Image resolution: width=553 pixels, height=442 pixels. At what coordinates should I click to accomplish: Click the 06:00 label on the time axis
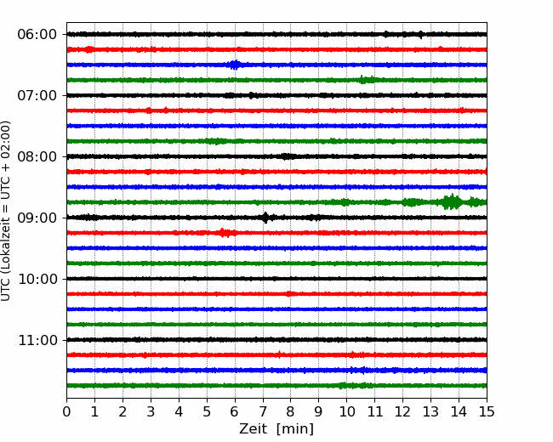(37, 35)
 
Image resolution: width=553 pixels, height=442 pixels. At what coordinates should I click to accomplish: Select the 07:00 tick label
(37, 95)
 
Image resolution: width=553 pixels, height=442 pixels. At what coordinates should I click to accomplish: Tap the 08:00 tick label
(37, 156)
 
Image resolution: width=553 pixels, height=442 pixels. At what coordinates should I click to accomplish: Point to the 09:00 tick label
(37, 218)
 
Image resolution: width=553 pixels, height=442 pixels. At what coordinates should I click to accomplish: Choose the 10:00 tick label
(37, 279)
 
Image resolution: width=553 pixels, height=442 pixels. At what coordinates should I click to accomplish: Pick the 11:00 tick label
(37, 340)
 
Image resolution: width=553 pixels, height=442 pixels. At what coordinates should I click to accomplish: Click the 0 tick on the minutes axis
(66, 411)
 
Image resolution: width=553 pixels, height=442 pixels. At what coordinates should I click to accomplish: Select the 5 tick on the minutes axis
(207, 411)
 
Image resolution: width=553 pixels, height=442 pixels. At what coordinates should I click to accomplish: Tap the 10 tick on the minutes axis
(346, 411)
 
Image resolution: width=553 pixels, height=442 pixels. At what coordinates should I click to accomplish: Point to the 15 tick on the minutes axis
(487, 411)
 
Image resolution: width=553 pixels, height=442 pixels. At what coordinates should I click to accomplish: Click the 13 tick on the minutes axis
(430, 411)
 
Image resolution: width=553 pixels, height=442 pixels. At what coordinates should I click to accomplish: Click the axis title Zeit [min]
(276, 429)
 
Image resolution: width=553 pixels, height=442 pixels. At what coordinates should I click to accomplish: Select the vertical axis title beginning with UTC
(6, 211)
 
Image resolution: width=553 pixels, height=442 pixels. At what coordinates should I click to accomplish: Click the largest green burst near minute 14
(452, 202)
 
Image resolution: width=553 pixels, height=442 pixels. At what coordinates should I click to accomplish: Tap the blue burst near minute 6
(235, 65)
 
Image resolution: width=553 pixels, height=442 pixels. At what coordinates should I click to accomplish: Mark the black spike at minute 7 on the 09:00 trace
(265, 218)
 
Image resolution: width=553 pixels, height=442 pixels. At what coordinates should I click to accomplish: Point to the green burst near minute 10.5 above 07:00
(367, 80)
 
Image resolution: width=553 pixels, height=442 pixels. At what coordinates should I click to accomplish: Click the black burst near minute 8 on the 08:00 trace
(288, 156)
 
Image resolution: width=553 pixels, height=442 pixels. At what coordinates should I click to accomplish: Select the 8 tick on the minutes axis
(291, 411)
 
